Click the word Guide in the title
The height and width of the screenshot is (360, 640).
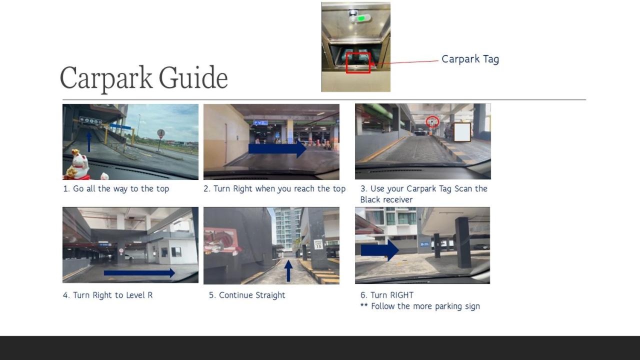(193, 77)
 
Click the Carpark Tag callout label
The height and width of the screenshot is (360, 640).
(470, 59)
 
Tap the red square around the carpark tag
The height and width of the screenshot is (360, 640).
(358, 63)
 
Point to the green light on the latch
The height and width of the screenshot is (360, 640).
(361, 18)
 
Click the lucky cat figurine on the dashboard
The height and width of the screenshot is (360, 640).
(77, 165)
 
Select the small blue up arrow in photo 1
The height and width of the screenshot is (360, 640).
(89, 141)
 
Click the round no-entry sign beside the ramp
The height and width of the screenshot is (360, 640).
(161, 133)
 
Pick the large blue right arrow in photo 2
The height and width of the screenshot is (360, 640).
(277, 149)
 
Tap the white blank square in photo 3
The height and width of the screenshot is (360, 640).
(462, 132)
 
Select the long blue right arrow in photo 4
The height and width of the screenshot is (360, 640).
(139, 273)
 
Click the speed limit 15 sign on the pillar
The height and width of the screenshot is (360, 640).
(318, 244)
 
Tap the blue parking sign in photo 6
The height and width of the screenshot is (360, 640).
(424, 244)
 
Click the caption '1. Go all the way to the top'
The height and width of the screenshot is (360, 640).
(116, 189)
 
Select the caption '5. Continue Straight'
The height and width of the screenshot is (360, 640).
(247, 295)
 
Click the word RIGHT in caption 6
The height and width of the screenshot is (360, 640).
(402, 295)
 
